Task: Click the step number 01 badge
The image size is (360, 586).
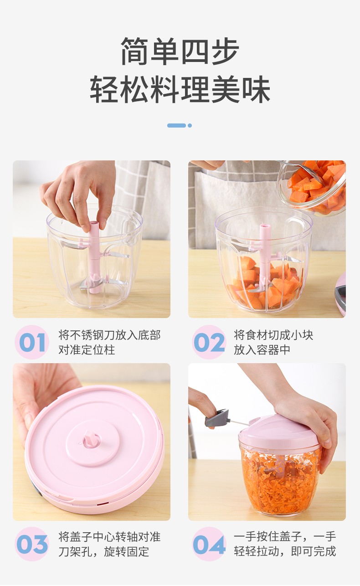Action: [32, 342]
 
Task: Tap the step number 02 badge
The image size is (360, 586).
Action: [209, 342]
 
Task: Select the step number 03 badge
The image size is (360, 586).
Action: [32, 545]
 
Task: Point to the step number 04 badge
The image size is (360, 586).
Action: [209, 545]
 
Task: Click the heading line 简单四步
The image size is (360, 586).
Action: [180, 51]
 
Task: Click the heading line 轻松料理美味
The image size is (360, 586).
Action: [180, 89]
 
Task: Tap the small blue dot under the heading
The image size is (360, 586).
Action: [190, 126]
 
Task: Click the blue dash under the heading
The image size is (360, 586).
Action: [177, 126]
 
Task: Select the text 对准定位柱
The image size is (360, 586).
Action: [87, 350]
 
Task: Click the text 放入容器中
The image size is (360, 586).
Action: [262, 350]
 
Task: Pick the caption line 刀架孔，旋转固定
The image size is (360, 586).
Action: [103, 552]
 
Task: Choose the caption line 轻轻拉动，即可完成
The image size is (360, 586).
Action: [285, 552]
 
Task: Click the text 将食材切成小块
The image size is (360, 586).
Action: [273, 335]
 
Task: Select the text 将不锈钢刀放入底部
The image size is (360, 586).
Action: [109, 335]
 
